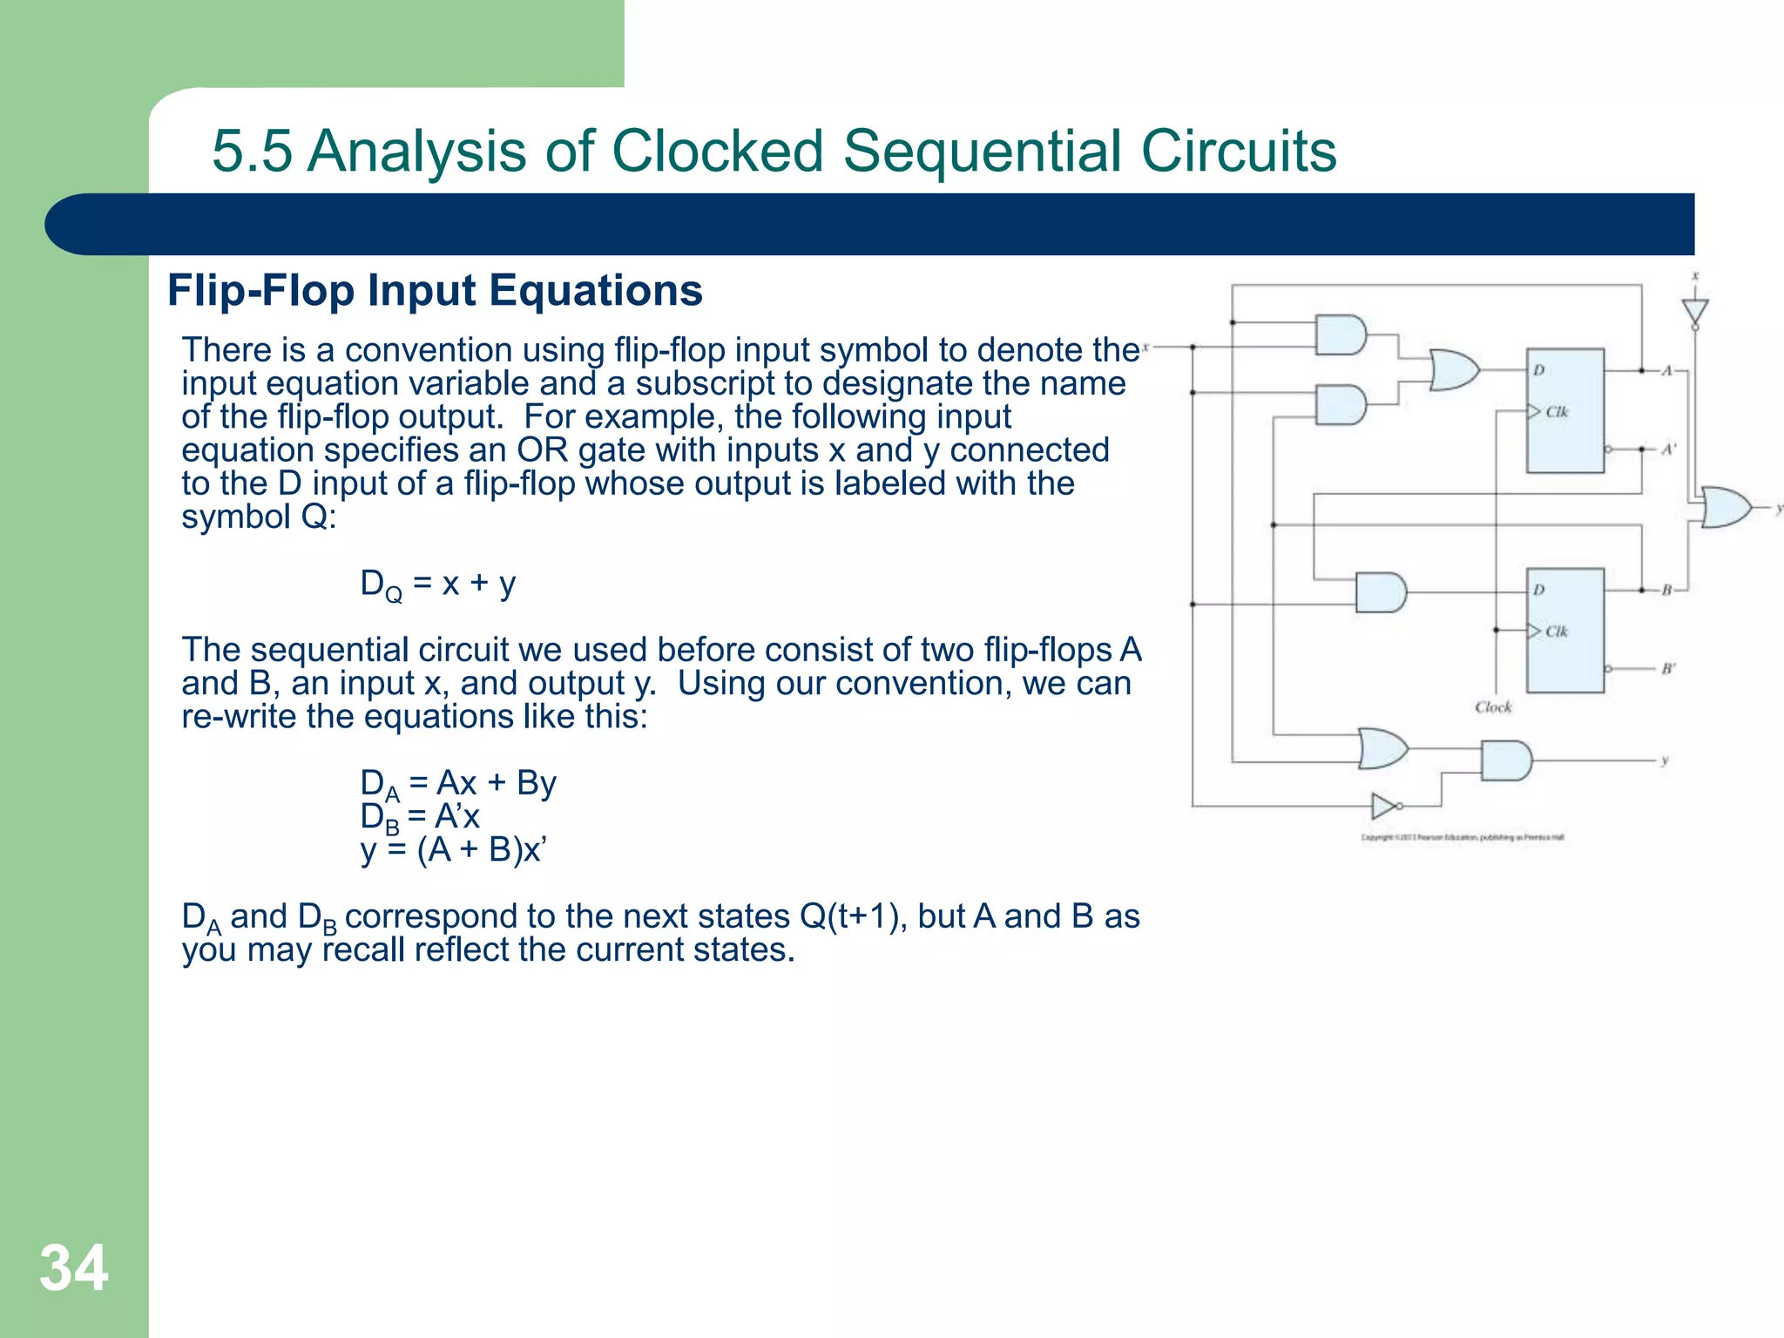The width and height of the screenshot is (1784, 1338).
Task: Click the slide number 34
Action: click(74, 1268)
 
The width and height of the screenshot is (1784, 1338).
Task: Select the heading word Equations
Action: click(596, 290)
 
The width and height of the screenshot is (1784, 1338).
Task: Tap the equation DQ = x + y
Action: click(438, 585)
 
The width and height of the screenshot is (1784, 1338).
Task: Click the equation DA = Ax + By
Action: click(458, 783)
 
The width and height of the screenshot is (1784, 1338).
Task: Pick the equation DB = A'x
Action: click(420, 817)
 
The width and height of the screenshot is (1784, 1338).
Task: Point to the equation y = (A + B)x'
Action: click(453, 849)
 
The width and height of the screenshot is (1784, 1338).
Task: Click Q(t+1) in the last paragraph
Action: click(849, 916)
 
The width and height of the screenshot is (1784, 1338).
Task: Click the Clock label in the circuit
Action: click(1493, 707)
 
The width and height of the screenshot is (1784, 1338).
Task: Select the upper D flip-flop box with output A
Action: click(1564, 410)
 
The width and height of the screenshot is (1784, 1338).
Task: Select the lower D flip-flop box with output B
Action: click(1564, 630)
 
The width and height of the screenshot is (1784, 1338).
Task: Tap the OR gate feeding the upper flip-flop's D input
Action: click(1453, 369)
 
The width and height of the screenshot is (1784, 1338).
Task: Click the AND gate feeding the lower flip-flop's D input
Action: click(1380, 592)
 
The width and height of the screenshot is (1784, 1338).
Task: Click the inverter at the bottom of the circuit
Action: click(1384, 807)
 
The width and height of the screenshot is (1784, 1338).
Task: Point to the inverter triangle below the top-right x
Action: click(1694, 311)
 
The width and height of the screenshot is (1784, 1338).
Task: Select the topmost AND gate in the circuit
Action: click(1340, 334)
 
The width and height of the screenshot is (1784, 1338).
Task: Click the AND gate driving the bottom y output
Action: click(1505, 760)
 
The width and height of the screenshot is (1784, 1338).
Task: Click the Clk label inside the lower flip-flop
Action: click(1556, 632)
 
